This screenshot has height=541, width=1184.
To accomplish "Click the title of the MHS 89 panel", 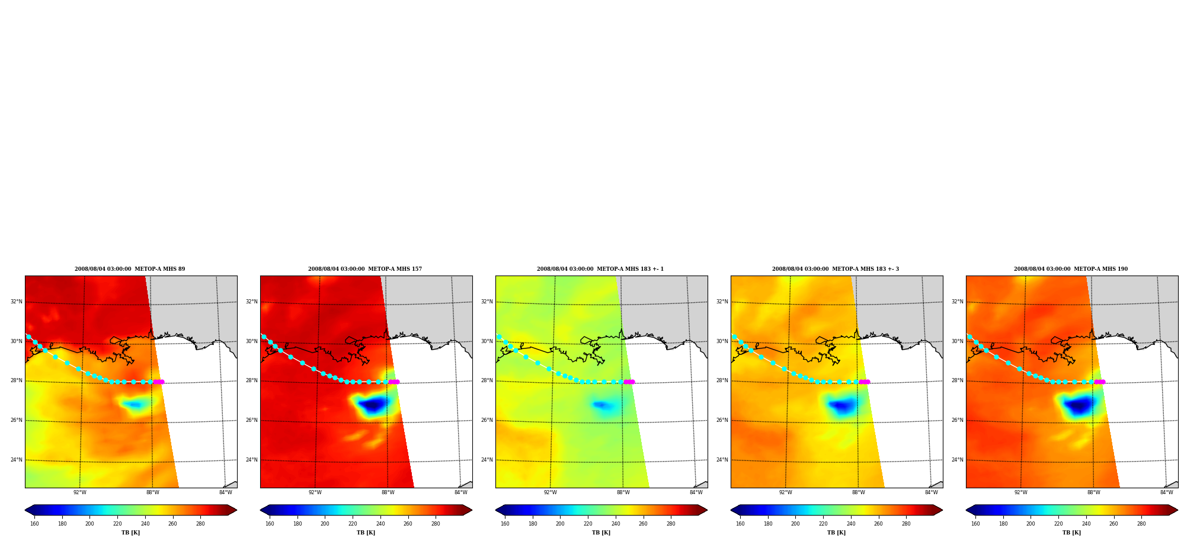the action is point(130,269).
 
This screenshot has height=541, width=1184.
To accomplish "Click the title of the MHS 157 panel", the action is point(365,269).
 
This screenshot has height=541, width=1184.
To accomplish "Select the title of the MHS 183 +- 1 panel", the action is point(600,269).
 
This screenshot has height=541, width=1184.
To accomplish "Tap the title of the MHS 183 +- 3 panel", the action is point(836,269).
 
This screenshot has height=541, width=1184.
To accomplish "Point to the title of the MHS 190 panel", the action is point(1071,269).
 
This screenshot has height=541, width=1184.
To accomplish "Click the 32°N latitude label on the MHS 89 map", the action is point(16,302).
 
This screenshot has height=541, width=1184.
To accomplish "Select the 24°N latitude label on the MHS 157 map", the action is point(251,460).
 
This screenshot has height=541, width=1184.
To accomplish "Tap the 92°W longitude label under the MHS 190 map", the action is point(1021,492).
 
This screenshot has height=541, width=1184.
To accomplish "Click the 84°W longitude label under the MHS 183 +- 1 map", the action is point(696,492).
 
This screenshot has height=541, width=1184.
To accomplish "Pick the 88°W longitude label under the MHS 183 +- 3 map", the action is point(859,492).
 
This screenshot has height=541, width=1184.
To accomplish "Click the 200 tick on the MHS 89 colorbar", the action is point(89,524).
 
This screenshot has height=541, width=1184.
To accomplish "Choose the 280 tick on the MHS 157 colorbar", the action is point(436,524).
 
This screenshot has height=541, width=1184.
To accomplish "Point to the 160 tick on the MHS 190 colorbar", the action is point(975,524).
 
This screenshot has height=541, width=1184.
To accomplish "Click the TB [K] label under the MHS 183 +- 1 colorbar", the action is point(601,533).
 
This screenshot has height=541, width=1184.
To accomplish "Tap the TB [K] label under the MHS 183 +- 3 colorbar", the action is point(836,533).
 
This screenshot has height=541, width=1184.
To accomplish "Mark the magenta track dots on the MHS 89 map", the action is point(158,382).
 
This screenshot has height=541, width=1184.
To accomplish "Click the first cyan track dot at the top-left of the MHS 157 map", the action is point(264,337).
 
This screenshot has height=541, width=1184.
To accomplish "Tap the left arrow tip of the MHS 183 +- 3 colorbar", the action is point(731,510).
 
